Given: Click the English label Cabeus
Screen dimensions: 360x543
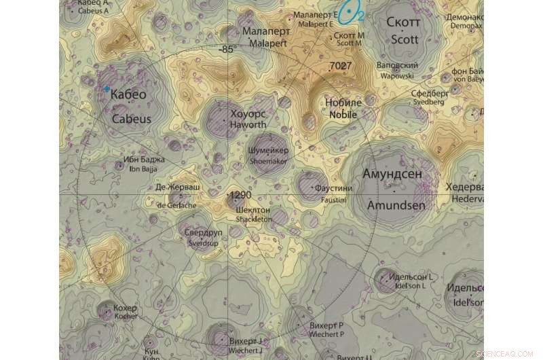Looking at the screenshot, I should (x=131, y=118).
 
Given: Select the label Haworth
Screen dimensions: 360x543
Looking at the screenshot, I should (x=247, y=125).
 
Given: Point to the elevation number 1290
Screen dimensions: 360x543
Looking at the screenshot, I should (x=240, y=195).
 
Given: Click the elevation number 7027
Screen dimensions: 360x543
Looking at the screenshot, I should (x=340, y=66).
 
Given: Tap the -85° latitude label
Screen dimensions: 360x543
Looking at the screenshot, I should (x=226, y=50).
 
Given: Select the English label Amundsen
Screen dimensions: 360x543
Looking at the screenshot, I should (x=396, y=204).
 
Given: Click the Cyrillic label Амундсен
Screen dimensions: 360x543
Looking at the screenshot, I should (x=392, y=174).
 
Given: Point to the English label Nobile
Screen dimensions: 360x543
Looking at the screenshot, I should (x=343, y=115).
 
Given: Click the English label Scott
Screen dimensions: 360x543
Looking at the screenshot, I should (x=405, y=39).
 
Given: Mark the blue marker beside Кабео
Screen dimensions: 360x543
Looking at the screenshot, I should (x=107, y=89).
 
